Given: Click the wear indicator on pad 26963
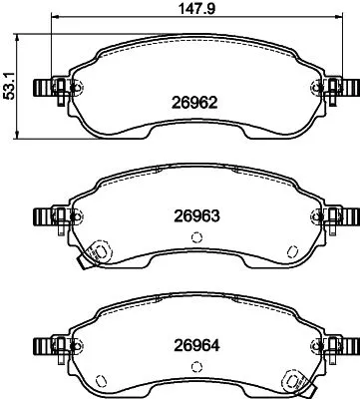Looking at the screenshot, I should pos(98,254).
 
